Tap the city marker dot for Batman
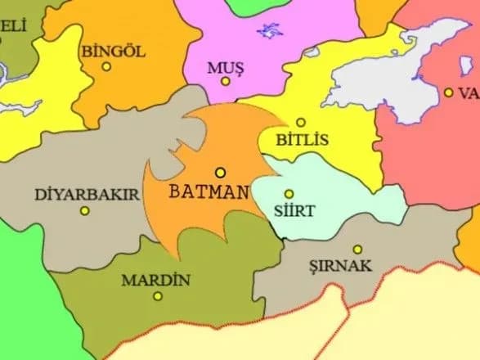pos(220,173)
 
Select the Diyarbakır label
pos(87,195)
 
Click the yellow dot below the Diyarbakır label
pos(84,211)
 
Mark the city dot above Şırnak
pos(357,249)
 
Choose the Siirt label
pos(298,210)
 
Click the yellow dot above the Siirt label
pos(289,194)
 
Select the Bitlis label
pos(303,140)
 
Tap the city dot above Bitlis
pos(301,123)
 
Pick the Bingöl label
pos(114,51)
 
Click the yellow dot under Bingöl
pos(106,67)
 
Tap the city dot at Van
pos(449,93)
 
